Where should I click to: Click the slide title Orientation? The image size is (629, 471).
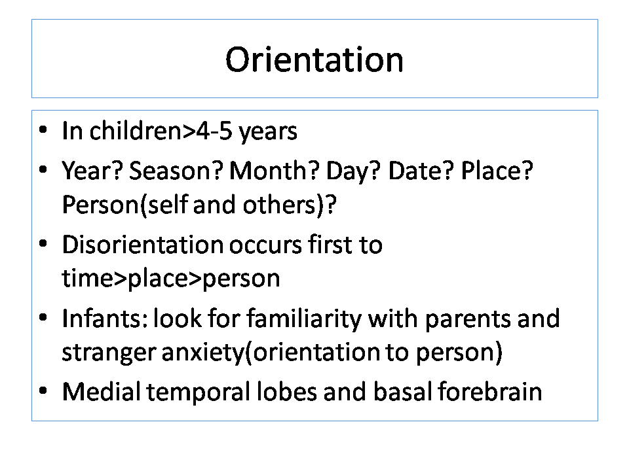pos(314,60)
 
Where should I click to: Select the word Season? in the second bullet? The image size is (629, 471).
pos(176,170)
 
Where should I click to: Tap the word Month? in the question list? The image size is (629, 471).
pos(275,170)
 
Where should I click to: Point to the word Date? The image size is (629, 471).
pos(421,170)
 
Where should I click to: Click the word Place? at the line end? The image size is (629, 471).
pos(497,170)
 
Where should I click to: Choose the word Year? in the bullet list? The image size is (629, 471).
pos(92,170)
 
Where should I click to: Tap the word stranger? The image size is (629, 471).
pos(108,353)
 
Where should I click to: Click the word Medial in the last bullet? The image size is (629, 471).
pos(101,391)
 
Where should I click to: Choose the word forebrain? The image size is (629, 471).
pos(490,391)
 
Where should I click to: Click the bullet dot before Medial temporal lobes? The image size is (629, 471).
pos(43,390)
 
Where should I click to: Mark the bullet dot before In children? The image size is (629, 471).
pos(43,130)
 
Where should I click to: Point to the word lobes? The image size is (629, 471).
pos(286,391)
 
